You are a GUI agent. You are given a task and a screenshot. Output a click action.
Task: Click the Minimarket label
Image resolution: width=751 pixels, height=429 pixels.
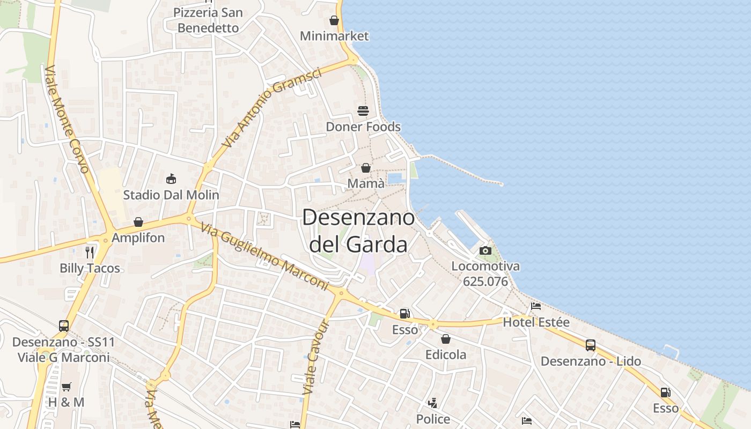[334, 36]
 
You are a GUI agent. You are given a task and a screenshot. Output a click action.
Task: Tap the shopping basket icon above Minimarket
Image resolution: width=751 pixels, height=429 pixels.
[334, 21]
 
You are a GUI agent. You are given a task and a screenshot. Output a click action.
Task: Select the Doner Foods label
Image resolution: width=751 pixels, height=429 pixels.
[363, 127]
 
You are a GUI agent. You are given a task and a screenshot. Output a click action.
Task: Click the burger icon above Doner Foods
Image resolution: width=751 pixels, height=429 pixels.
[363, 112]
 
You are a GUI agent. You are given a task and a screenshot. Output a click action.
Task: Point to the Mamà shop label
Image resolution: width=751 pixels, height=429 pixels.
[366, 183]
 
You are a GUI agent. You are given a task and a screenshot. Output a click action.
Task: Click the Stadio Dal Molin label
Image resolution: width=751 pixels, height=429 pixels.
[171, 195]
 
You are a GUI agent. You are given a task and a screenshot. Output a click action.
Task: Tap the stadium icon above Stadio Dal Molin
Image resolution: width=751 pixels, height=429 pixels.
[171, 179]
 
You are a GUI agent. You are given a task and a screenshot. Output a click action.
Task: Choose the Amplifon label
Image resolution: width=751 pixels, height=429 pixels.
[138, 238]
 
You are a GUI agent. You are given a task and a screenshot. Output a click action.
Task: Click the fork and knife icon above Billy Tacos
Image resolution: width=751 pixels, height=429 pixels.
[90, 252]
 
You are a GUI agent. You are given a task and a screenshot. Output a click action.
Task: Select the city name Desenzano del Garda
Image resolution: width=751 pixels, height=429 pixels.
[358, 231]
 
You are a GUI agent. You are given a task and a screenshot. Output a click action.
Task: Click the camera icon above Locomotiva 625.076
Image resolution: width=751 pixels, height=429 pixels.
[485, 250]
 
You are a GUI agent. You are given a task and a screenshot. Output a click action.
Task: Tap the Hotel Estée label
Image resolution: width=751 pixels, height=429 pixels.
[536, 322]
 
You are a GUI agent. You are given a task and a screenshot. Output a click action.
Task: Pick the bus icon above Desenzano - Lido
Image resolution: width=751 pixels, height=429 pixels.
[591, 345]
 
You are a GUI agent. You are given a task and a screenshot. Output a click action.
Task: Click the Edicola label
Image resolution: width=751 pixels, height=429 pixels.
[446, 354]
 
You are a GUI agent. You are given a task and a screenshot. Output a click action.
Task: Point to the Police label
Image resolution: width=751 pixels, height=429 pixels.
[433, 418]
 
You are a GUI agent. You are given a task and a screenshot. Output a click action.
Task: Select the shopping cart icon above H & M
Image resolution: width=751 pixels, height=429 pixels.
[67, 387]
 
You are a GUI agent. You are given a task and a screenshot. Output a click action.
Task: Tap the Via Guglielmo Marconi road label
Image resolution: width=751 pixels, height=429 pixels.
[264, 257]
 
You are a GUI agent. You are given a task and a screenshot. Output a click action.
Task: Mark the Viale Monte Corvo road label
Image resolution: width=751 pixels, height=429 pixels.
[67, 119]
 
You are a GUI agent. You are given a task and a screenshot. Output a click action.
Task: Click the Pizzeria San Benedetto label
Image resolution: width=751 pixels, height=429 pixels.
[208, 20]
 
